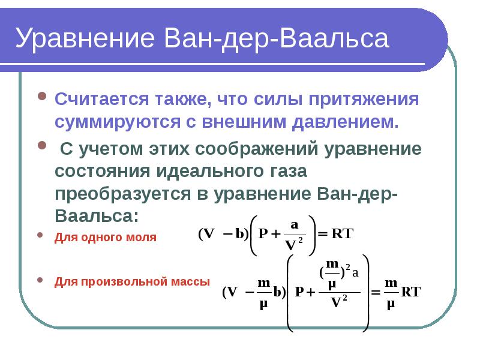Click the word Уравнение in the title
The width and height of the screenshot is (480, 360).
click(85, 38)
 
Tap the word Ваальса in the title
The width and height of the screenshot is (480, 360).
click(334, 38)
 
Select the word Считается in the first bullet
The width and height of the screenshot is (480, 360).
click(101, 99)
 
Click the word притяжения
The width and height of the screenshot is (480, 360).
click(364, 100)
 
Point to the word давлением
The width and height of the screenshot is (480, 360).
click(346, 122)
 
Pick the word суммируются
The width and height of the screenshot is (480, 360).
click(118, 122)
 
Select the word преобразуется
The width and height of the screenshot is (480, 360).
click(123, 194)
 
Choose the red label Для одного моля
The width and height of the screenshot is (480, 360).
click(106, 238)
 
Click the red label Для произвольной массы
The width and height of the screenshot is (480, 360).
click(132, 282)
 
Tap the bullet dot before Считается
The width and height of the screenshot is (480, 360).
click(42, 96)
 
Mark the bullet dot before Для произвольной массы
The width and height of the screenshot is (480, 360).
click(40, 280)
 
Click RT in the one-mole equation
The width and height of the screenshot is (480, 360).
click(342, 233)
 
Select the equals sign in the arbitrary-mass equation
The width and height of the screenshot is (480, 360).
click(376, 293)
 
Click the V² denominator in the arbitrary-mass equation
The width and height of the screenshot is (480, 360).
click(339, 302)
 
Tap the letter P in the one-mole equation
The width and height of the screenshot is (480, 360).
click(263, 234)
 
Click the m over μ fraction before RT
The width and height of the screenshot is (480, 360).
click(391, 293)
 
